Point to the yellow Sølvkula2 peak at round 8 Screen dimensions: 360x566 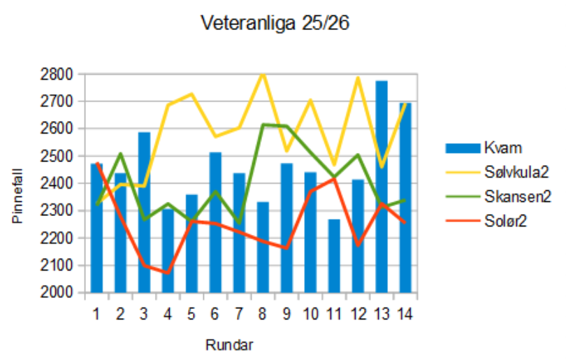[x=263, y=73]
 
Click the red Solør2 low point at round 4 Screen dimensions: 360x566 [x=168, y=273]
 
